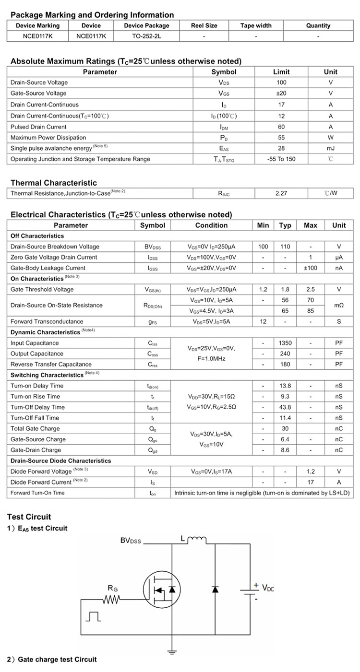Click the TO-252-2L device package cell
(x=146, y=36)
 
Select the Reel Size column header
(x=204, y=25)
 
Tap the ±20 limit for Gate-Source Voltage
(x=281, y=93)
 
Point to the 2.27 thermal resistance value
(x=281, y=193)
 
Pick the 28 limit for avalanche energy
(x=281, y=148)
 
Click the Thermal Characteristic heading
(x=53, y=183)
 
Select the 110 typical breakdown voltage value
(x=285, y=247)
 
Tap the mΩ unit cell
(x=339, y=305)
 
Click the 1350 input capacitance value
(x=285, y=343)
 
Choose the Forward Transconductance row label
(x=47, y=321)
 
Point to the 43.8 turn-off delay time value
(x=285, y=407)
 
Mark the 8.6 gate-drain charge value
(x=285, y=450)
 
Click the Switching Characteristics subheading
(x=47, y=375)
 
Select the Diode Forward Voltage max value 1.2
(x=311, y=472)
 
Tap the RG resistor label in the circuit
(x=113, y=588)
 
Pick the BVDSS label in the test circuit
(x=131, y=541)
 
